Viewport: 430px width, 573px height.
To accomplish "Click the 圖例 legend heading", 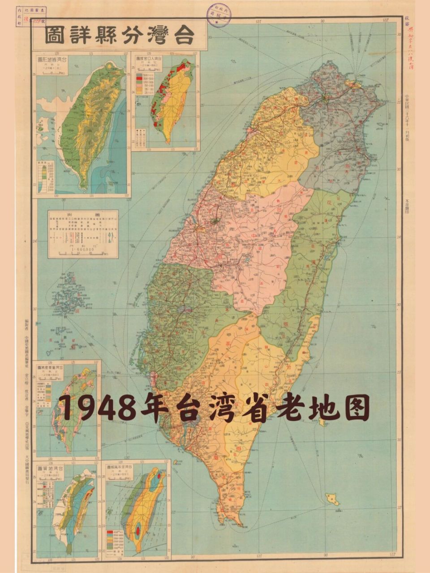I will tap(83, 215).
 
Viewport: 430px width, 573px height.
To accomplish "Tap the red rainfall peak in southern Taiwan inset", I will tap(138, 529).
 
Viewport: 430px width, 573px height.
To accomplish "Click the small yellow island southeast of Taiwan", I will tap(332, 498).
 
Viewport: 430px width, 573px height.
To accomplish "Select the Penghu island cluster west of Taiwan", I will tap(67, 300).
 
